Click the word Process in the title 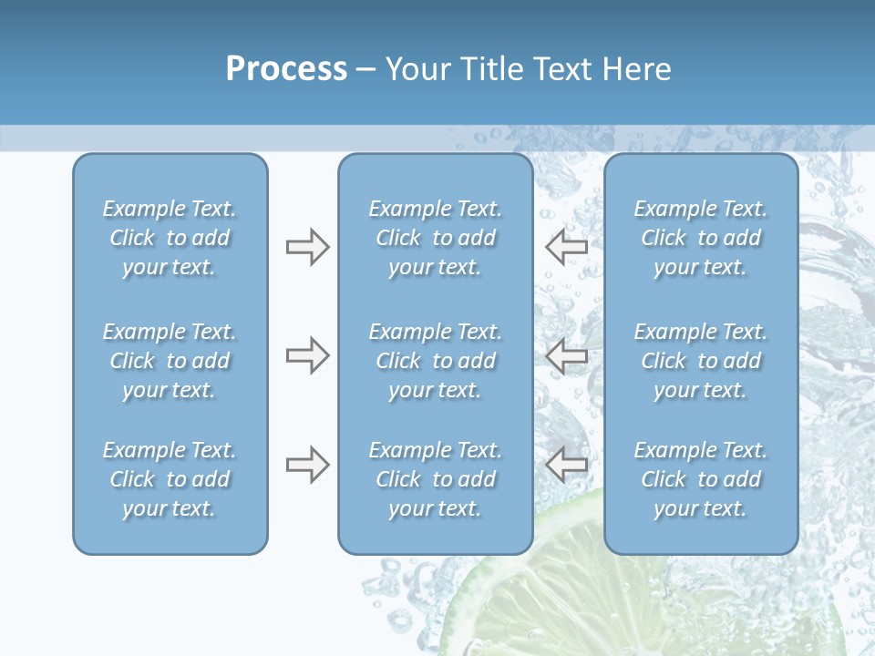286,69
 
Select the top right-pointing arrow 307,247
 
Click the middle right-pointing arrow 307,355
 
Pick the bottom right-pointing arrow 307,465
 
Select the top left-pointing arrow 567,246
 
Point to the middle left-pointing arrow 567,355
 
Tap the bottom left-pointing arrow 567,465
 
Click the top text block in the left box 170,238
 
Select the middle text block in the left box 170,361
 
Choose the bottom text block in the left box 170,479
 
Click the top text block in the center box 435,238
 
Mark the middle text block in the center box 435,361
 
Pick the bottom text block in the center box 435,479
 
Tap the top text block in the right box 700,238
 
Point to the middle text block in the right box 700,361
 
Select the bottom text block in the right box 700,479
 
